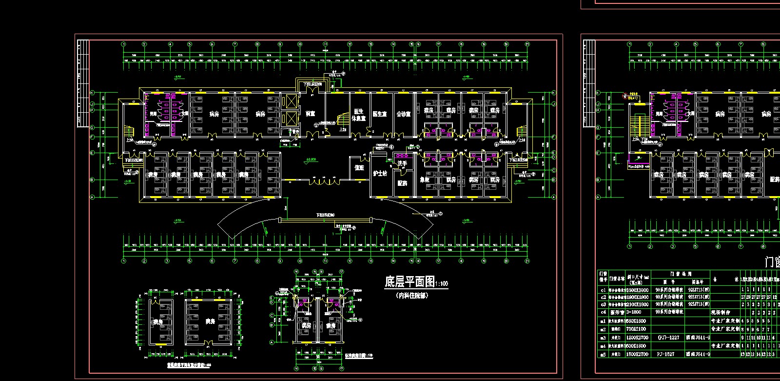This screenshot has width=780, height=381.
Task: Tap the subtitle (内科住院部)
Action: [413, 295]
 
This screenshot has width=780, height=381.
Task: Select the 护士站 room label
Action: [380, 173]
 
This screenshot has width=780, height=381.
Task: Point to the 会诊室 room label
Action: [403, 114]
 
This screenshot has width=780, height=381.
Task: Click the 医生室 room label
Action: [379, 114]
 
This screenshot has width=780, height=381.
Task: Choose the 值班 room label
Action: [359, 167]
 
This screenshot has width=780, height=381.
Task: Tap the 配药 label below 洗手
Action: [402, 183]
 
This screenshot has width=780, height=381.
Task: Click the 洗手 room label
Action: [402, 163]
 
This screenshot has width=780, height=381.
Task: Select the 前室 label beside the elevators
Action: [310, 114]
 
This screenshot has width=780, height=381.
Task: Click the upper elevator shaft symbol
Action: [291, 101]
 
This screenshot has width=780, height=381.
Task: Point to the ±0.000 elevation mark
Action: [311, 160]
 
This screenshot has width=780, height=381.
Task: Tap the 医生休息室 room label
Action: [358, 115]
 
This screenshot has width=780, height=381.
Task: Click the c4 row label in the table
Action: [603, 312]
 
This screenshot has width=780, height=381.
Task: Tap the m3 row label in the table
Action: [603, 338]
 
